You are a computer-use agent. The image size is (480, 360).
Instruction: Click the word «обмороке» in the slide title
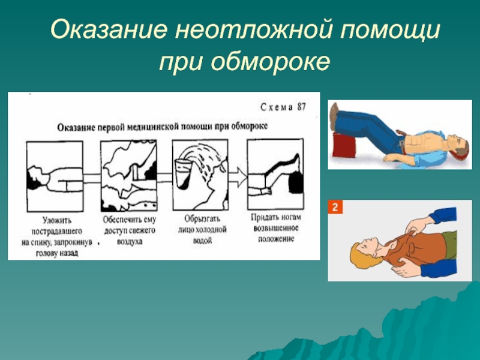(271, 62)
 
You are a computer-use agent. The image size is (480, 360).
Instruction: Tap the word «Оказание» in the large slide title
(109, 30)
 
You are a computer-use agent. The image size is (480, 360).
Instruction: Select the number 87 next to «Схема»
(301, 107)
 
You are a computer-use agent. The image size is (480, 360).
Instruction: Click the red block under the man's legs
(344, 145)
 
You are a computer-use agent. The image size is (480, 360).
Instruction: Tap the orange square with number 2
(335, 207)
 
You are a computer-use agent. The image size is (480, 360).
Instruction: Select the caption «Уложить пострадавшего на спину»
(56, 236)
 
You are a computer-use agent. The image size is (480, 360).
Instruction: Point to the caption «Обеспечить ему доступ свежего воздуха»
(130, 230)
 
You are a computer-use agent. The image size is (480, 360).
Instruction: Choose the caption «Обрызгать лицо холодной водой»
(202, 229)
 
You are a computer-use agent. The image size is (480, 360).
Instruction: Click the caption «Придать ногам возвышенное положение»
(276, 228)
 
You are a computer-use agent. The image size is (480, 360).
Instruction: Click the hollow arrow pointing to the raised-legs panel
(238, 177)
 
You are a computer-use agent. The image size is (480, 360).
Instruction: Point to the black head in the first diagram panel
(34, 179)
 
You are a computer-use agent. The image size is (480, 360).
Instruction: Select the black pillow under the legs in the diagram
(296, 182)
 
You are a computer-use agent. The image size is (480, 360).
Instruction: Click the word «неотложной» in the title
(253, 30)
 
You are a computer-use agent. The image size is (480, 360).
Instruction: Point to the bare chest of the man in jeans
(421, 142)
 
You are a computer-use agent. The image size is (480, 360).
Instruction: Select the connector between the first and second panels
(92, 178)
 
